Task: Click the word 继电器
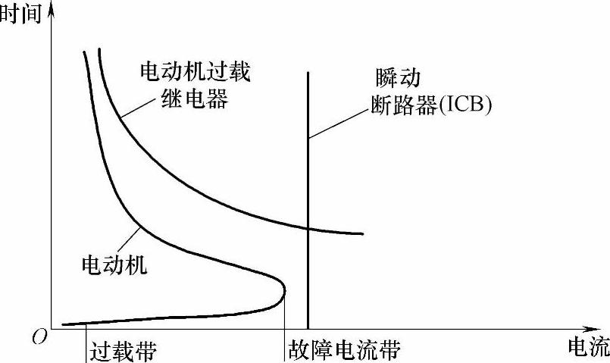(195, 99)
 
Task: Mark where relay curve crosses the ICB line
(308, 227)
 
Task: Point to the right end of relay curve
(363, 233)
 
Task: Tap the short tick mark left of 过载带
(86, 338)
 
